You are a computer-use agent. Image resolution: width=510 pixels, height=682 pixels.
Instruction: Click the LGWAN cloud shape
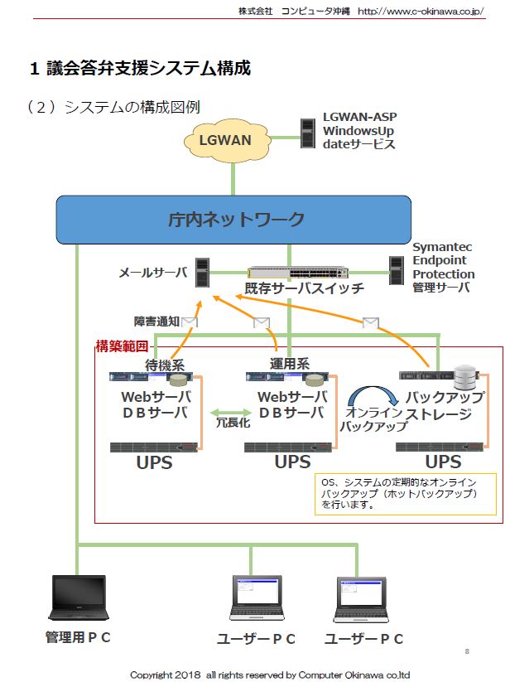(225, 140)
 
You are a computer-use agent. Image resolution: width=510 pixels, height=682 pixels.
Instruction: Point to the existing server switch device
(299, 273)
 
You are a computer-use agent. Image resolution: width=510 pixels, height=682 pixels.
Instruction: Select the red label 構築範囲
(122, 346)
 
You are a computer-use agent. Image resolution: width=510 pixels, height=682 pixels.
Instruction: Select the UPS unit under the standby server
(155, 447)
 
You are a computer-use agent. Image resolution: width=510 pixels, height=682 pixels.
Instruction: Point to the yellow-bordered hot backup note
(405, 495)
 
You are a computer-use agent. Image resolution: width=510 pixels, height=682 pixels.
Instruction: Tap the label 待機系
(164, 365)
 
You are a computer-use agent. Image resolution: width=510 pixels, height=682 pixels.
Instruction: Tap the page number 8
(467, 651)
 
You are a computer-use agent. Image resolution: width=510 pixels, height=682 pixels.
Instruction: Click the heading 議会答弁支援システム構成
(148, 68)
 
